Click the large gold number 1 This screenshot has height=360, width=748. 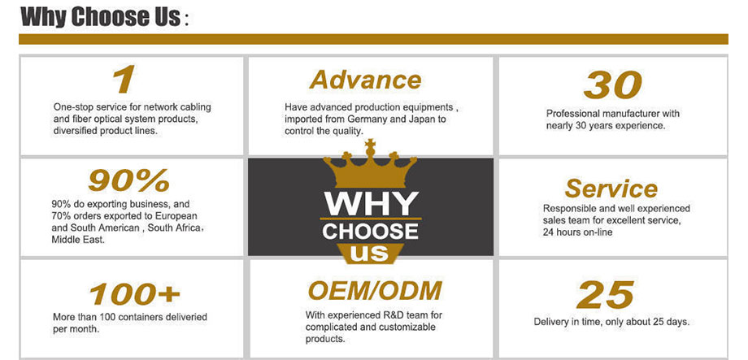124,80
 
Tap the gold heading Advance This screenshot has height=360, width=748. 365,80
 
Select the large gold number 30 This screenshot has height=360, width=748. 612,85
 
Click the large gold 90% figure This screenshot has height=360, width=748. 128,180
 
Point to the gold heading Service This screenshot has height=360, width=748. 611,189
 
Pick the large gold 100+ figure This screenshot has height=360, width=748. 135,293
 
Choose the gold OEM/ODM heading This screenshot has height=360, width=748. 375,291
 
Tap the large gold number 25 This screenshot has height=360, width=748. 606,295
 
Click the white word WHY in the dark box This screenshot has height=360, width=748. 371,204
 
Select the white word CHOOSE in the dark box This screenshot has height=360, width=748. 370,232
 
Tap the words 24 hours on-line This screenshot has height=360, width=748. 578,232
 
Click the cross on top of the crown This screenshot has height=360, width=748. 370,143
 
